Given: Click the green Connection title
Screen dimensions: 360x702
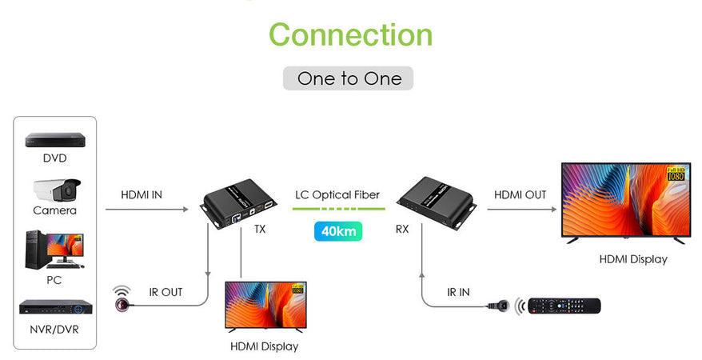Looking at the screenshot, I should coord(350,34).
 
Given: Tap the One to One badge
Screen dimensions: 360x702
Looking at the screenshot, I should coord(348,78).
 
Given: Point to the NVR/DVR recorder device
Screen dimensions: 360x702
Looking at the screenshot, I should coord(54,307).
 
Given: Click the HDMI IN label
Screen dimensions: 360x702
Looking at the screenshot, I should coord(142,194).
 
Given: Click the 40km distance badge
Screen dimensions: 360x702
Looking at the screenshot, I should coord(337,231).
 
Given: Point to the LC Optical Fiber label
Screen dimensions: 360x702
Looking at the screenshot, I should coord(337,194).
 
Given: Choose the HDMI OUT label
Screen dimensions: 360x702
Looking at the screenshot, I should coord(520,194).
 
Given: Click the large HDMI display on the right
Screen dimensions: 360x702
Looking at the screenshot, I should coord(624,202).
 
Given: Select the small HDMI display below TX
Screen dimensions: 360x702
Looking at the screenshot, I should coord(265,306).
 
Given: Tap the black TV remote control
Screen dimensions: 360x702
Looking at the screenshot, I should coord(564,306).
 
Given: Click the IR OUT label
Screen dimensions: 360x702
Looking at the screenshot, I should coord(166,292).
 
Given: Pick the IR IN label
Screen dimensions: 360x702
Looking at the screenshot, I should coord(458,292).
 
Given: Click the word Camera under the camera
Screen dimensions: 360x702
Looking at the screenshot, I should coord(54,210).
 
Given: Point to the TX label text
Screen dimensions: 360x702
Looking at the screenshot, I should coord(260,229).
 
